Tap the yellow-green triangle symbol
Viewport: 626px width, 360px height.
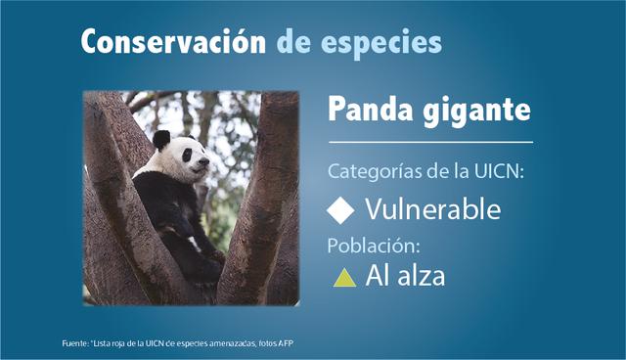[x=343, y=278]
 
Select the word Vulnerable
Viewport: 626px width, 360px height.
[x=432, y=209]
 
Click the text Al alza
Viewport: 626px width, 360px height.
[x=404, y=277]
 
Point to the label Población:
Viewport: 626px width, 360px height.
[x=372, y=245]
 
